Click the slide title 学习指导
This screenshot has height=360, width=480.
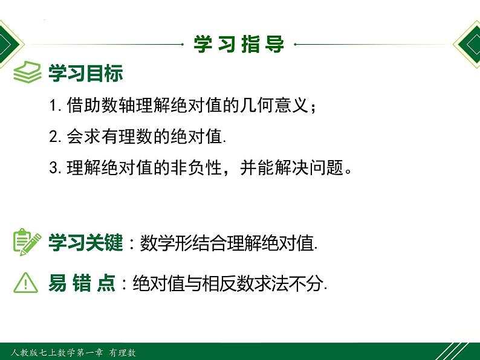point(239,44)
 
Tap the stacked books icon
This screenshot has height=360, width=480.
point(27,72)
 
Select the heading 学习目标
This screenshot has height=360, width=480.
point(86,73)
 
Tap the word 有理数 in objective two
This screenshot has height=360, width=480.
point(119,136)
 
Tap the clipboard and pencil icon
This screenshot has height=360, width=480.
point(27,242)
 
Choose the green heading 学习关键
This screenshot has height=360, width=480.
point(86,243)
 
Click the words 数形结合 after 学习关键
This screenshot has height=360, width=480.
point(175,243)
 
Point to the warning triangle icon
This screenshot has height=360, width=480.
point(26,283)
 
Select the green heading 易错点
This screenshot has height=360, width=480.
point(82,283)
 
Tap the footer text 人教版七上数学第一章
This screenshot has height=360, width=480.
point(57,352)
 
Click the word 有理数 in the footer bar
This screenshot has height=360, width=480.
point(123,352)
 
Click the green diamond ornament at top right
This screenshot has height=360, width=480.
point(467,44)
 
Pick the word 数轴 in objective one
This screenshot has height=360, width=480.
point(118,105)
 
